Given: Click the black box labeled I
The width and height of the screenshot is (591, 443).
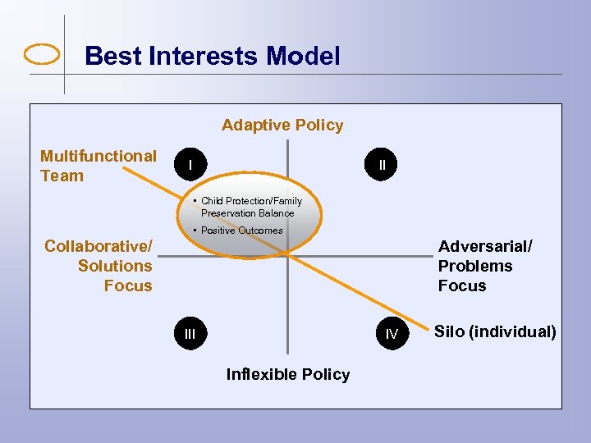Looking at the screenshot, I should tap(190, 165).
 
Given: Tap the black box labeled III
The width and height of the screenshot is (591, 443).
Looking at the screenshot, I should tap(190, 333).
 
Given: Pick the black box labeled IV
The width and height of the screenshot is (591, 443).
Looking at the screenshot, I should tap(392, 334).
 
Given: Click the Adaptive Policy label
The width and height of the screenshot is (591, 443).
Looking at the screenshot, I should tap(282, 126).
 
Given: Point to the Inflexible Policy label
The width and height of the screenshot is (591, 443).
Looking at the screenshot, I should tap(287, 375).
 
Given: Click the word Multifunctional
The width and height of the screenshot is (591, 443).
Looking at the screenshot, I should tap(98, 156).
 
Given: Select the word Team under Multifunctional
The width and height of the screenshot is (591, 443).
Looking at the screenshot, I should tap(62, 176).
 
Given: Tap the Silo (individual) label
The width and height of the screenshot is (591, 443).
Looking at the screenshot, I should tap(495, 332).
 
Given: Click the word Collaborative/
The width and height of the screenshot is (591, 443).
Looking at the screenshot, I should tap(98, 246).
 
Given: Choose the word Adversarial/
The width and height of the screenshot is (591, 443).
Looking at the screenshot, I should tap(485, 246).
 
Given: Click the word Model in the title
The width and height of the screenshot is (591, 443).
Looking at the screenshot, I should tap(302, 56).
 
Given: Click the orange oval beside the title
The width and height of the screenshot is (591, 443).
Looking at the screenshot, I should tap(43, 55).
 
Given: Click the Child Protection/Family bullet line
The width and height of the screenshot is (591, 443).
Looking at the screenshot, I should tap(251, 201).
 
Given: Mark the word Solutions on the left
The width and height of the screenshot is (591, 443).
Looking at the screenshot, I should tap(115, 266).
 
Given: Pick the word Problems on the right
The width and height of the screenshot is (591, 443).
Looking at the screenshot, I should tap(475, 266).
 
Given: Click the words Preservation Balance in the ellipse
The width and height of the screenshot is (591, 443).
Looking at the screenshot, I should tap(247, 213).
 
